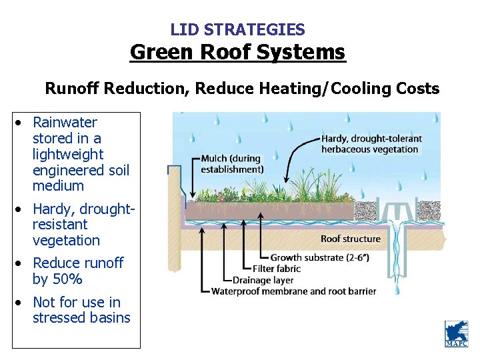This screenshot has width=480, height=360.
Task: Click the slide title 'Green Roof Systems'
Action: tap(238, 52)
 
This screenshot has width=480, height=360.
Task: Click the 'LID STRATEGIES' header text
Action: tap(238, 29)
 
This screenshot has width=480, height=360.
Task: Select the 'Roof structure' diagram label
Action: tap(351, 239)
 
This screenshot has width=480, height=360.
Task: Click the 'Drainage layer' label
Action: tap(263, 280)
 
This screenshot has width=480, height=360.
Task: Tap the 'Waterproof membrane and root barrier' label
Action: tap(293, 291)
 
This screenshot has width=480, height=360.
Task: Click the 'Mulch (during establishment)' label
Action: tap(232, 164)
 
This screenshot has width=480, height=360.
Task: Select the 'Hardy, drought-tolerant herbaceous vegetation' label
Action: tap(371, 144)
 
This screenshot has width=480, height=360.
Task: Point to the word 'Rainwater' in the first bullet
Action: tap(65, 122)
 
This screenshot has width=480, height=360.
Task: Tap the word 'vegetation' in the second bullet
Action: tap(66, 240)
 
